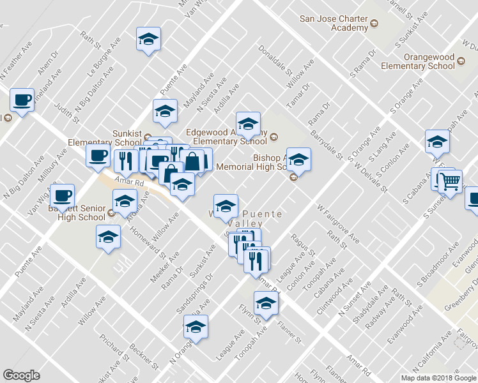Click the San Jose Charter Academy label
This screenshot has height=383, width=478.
pyautogui.click(x=334, y=22)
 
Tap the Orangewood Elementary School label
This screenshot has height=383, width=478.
pyautogui.click(x=418, y=61)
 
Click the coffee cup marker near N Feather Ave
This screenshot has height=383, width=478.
pyautogui.click(x=22, y=100)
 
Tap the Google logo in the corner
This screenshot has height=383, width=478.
pyautogui.click(x=21, y=375)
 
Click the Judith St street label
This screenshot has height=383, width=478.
pyautogui.click(x=67, y=113)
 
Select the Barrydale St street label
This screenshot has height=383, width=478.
pyautogui.click(x=327, y=145)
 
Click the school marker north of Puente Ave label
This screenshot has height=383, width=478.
pyautogui.click(x=148, y=40)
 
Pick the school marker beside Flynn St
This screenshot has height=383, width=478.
pyautogui.click(x=266, y=304)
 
